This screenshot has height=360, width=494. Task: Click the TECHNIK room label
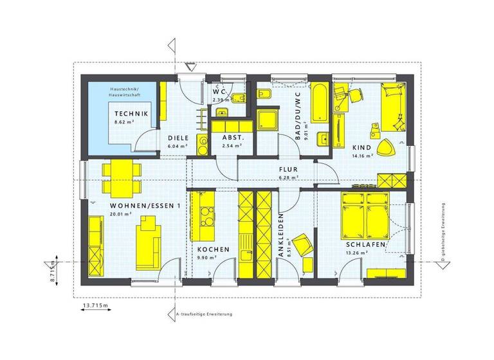(131, 114)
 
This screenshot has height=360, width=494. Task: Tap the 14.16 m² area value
(362, 156)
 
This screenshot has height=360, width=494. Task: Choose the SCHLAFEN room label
(365, 245)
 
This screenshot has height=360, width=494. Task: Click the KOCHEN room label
(211, 249)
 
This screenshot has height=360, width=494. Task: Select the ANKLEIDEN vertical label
(282, 237)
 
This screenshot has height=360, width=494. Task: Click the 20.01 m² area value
(120, 215)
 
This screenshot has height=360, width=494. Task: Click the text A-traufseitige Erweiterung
(204, 314)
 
